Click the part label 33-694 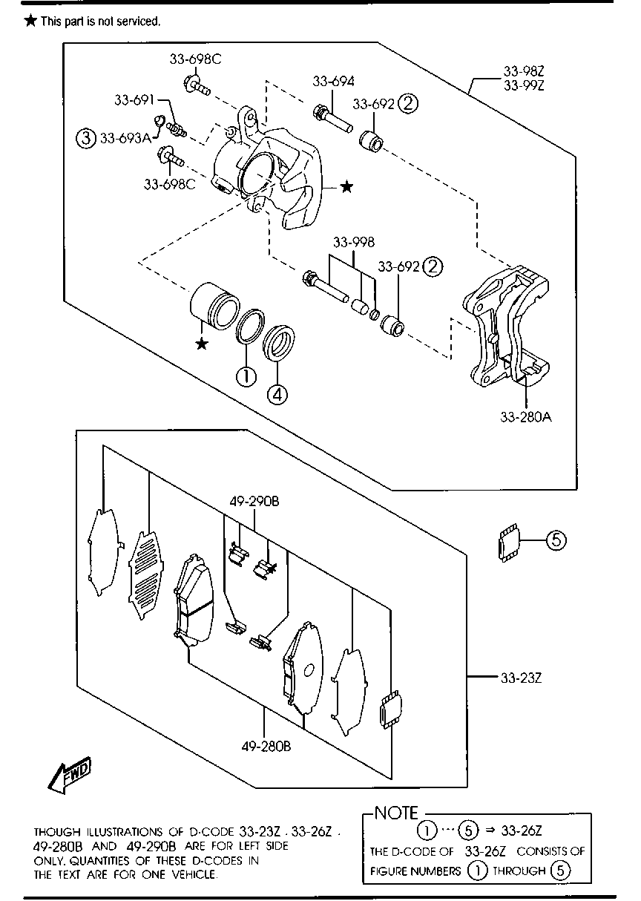click(333, 82)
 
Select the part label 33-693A click(125, 138)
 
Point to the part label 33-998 click(354, 243)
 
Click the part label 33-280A click(526, 417)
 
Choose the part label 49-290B click(254, 502)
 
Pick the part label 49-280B click(266, 747)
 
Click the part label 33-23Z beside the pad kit click(521, 678)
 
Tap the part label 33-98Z click(524, 71)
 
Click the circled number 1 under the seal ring click(246, 376)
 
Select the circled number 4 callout click(277, 395)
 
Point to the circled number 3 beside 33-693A click(86, 138)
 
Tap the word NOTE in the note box click(396, 813)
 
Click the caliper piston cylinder click(214, 306)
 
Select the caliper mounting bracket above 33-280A click(506, 327)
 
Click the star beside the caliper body click(346, 187)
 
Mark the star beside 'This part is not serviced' click(30, 21)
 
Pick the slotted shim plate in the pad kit click(145, 576)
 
